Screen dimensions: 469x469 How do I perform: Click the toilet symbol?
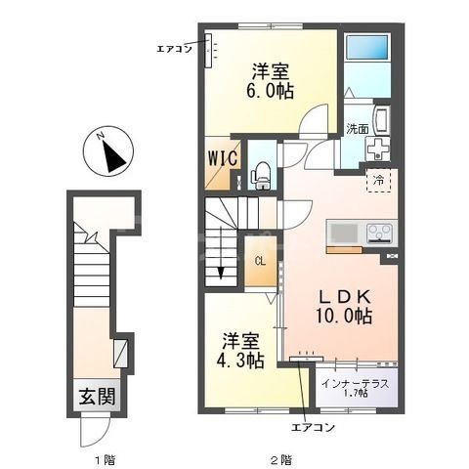pos(260,176)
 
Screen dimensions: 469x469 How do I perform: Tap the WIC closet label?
pos(223,158)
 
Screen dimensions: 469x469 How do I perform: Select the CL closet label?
pos(260,261)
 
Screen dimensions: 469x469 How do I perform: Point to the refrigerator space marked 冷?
pos(379,180)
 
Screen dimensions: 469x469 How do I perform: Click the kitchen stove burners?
pos(381,234)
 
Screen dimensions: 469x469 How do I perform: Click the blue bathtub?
pos(367,46)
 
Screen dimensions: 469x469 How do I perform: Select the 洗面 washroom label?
pos(358,129)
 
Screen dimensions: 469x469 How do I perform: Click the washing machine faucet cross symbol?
pos(378,149)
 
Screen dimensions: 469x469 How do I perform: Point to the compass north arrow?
pos(113,156)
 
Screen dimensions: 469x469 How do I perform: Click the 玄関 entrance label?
pos(98,397)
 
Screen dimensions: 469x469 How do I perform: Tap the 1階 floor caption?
pos(105,460)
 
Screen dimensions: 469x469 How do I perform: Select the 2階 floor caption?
pos(281,460)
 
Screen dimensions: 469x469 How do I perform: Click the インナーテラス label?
pos(355,384)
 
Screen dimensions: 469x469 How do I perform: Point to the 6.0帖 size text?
pos(271,91)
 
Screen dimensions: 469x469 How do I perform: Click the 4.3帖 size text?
pos(240,361)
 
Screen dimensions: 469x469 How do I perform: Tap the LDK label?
pos(344,296)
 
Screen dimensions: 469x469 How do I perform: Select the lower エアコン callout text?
pos(313,427)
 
